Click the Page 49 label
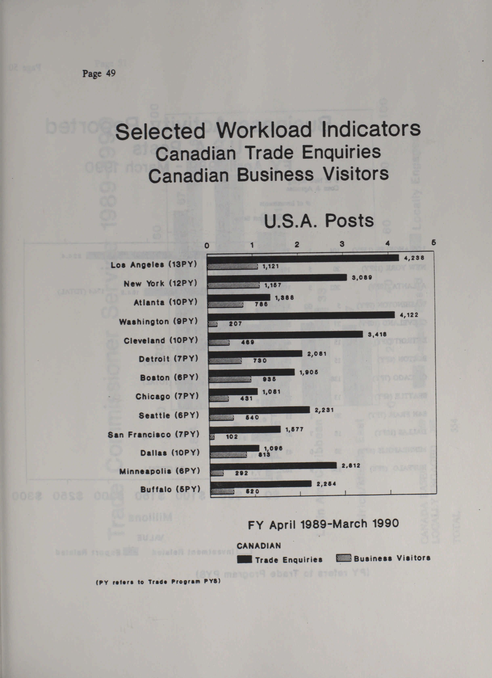pos(99,73)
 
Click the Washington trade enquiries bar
pos(301,315)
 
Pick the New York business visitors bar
pos(233,285)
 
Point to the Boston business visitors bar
pos(230,379)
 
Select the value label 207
pos(236,323)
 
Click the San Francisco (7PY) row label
pos(153,434)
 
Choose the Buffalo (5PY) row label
pos(170,489)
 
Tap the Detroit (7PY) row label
pos(168,359)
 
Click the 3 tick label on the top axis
pos(342,244)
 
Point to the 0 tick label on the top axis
pos(207,246)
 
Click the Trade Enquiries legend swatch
pos(244,560)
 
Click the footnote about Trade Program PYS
pos(158,581)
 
